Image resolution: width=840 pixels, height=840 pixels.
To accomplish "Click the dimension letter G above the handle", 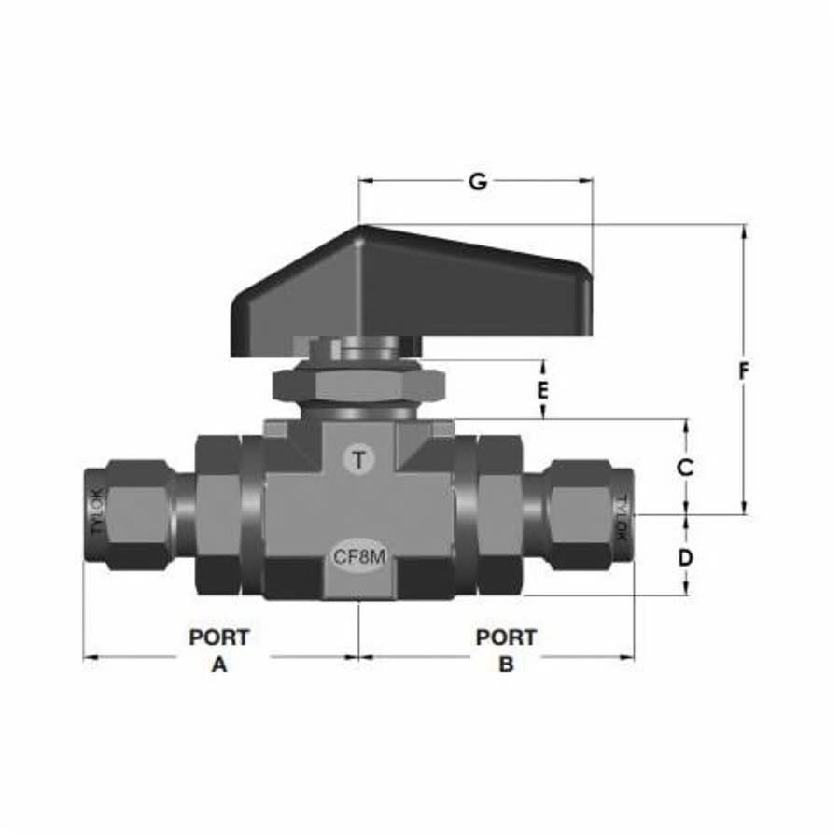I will tap(477, 182).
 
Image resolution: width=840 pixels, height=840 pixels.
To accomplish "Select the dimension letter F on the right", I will tap(744, 371).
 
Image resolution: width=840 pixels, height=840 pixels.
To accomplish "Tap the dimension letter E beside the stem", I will tap(542, 388).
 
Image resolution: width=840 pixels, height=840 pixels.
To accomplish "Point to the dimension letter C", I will tap(685, 467).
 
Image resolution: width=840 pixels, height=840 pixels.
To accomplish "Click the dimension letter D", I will tap(685, 557).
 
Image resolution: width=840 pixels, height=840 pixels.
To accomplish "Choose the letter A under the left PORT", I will tap(218, 665).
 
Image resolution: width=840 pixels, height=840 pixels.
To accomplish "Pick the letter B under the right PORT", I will tap(506, 665).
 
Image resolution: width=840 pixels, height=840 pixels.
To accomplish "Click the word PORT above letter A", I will tap(219, 637).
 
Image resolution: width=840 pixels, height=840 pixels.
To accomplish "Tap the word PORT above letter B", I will tap(506, 637).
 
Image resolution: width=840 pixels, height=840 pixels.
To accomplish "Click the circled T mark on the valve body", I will tap(359, 458).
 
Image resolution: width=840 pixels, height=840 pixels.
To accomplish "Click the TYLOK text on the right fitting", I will tap(621, 516).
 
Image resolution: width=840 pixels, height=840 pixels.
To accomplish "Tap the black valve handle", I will tap(411, 289).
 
